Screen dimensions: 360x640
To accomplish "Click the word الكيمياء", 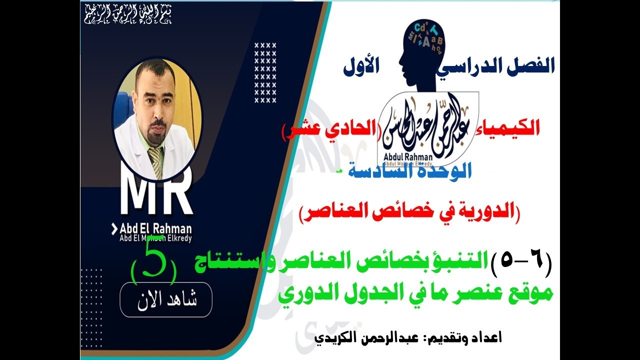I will [x=515, y=129].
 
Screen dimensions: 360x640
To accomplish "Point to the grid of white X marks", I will [x=265, y=72].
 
